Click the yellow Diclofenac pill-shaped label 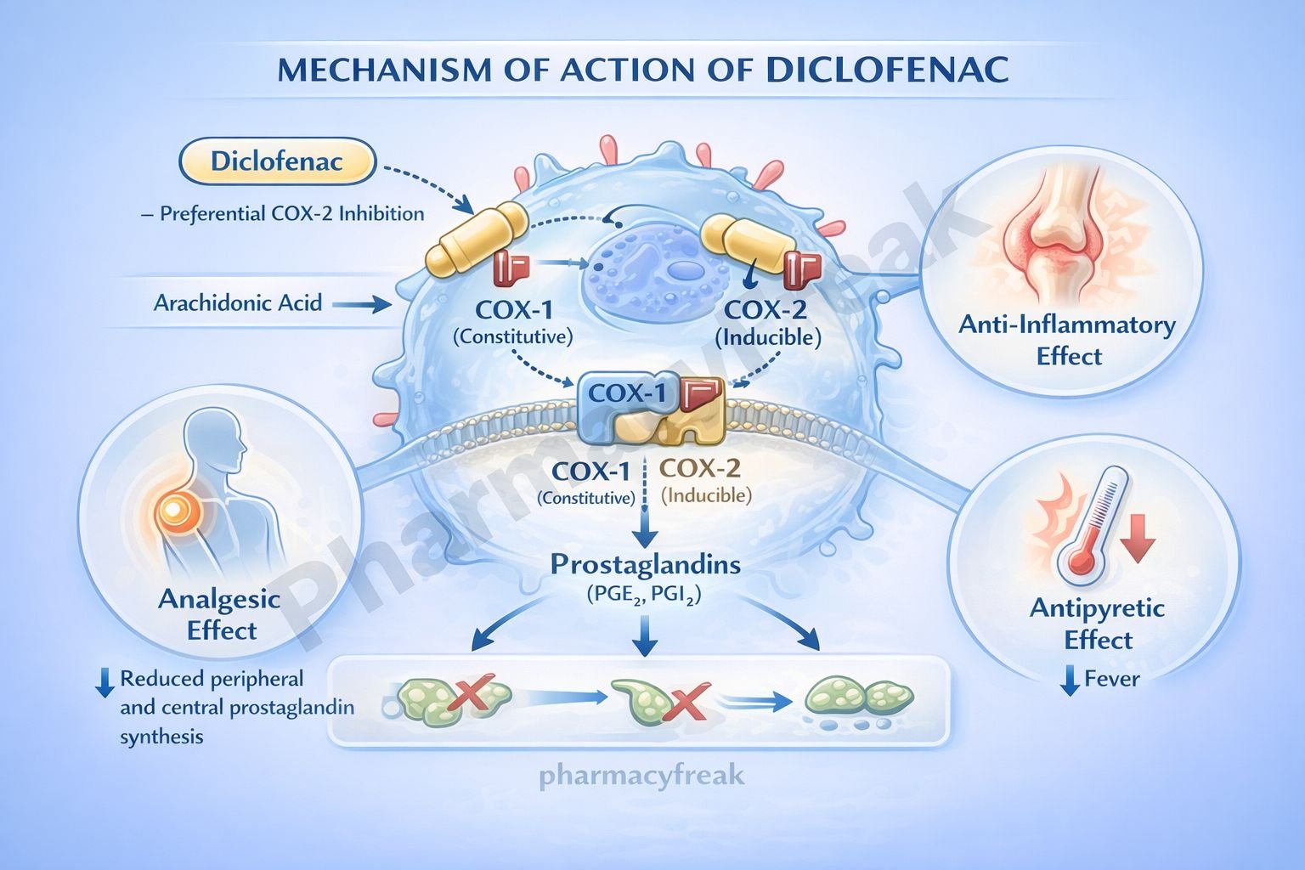pos(277,161)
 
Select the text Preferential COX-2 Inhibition pos(291,214)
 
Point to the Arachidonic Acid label pos(238,303)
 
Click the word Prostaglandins pos(645,564)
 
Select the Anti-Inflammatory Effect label pos(1067,340)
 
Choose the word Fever pos(1112,679)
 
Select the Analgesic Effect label pos(220,614)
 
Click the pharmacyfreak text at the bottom pos(641,775)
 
